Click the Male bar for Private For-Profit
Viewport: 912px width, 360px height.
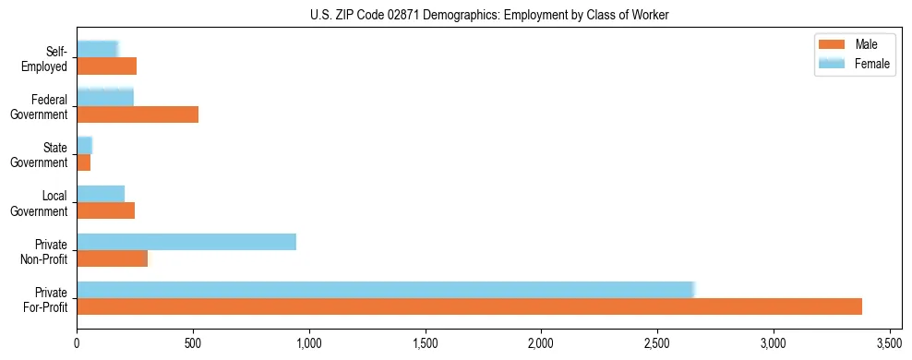(x=469, y=306)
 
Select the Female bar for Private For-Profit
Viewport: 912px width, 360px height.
(x=385, y=290)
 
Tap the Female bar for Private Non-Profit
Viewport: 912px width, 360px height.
(x=186, y=242)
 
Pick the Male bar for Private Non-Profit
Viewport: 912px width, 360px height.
(x=112, y=258)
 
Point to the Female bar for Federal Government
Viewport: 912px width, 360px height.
(x=105, y=98)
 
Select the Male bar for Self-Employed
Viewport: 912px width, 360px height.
(x=107, y=66)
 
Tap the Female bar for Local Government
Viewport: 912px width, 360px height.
(x=101, y=194)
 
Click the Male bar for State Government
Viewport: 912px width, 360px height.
(x=84, y=162)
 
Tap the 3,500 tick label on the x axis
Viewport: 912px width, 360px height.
(x=889, y=343)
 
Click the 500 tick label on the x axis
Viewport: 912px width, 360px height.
(x=193, y=343)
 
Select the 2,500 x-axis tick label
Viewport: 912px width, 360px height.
(x=657, y=343)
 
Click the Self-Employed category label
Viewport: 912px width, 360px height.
(x=45, y=59)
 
